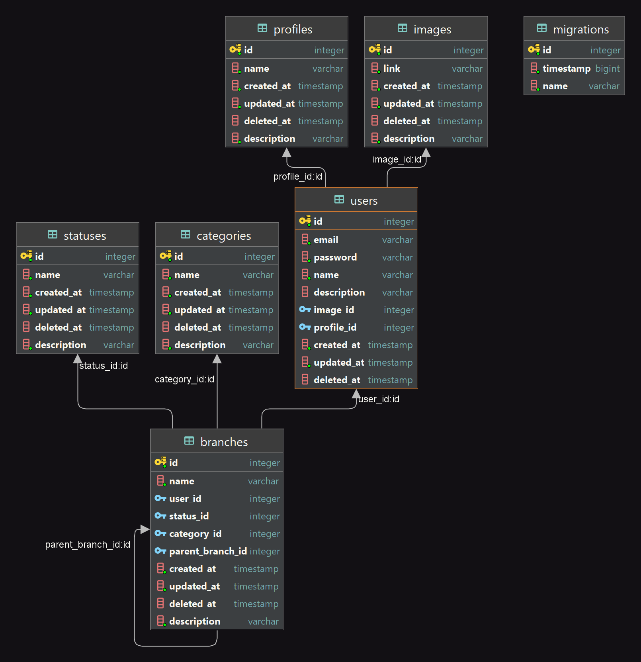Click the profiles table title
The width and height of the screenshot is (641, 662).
[x=293, y=29]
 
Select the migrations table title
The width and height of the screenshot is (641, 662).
[x=580, y=29]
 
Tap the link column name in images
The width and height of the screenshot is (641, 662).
[x=392, y=69]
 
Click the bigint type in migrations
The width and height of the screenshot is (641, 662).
[x=607, y=69]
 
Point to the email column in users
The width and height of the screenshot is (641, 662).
[x=326, y=240]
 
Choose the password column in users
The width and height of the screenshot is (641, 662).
[x=335, y=257]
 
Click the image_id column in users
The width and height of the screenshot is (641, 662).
[x=334, y=310]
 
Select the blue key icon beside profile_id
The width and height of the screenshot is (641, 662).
[x=305, y=327]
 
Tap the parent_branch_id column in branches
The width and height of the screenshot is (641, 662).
[x=208, y=551]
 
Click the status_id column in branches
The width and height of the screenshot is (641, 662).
[x=189, y=516]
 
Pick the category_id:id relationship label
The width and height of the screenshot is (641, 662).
[x=184, y=379]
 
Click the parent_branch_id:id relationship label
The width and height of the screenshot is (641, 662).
[x=88, y=544]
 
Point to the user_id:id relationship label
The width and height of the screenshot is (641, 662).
[x=379, y=399]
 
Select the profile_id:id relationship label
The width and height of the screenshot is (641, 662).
[x=297, y=176]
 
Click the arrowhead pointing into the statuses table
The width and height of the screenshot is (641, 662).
[x=78, y=359]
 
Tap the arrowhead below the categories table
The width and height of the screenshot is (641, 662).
[x=217, y=359]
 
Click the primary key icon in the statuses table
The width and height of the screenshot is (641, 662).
[x=26, y=256]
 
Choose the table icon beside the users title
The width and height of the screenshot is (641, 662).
[x=339, y=200]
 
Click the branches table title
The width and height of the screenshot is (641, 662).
[x=224, y=442]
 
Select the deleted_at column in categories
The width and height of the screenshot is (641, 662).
[x=197, y=327]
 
